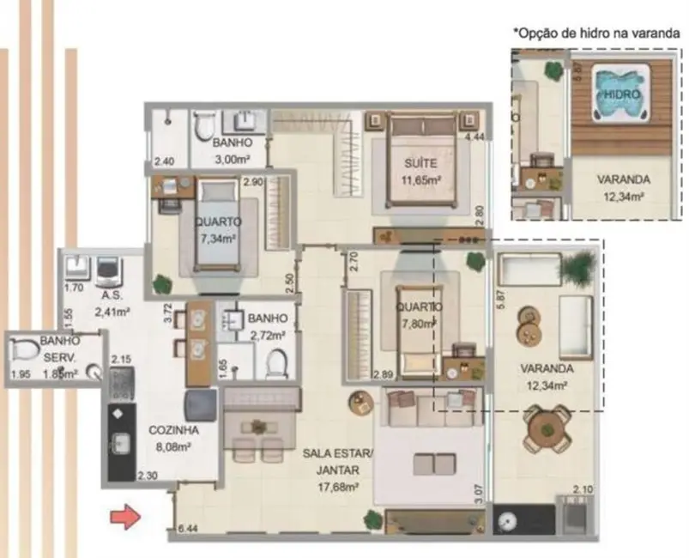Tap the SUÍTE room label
tap(420, 163)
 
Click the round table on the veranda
tap(547, 426)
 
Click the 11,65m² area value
tap(421, 180)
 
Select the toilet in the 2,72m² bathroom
tap(275, 364)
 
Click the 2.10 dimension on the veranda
tap(583, 490)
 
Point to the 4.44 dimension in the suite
tap(474, 136)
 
